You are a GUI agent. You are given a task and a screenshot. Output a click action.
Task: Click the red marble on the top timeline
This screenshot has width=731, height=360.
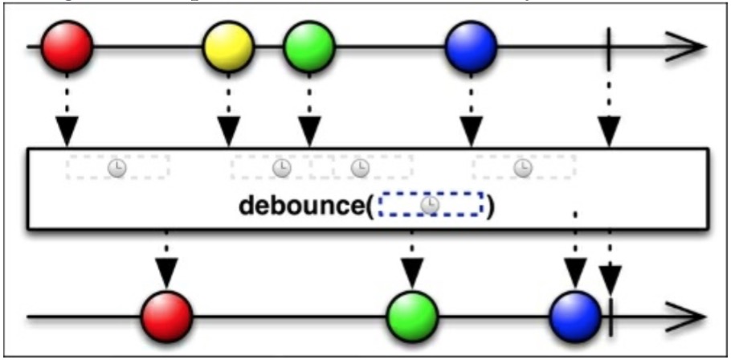click(x=67, y=47)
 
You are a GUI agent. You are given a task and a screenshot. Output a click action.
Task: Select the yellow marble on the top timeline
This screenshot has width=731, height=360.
click(x=228, y=47)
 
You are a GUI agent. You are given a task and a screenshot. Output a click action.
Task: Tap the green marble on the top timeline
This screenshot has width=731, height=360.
click(x=308, y=47)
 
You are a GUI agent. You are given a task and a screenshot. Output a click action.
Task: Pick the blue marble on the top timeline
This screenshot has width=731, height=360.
click(x=471, y=47)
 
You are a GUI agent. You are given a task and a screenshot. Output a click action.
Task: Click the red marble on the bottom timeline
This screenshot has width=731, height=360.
click(x=167, y=315)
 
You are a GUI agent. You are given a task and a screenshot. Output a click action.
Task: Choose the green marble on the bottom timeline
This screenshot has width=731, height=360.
click(x=411, y=315)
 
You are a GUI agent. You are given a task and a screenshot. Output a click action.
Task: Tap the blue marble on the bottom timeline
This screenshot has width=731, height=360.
click(x=575, y=315)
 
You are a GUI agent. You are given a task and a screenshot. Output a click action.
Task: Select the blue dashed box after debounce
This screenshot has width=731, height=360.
click(x=431, y=205)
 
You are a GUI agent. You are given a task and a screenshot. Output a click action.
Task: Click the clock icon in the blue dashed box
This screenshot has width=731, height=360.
click(x=431, y=205)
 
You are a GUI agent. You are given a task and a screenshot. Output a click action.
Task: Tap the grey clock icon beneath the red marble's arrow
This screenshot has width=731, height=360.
click(x=117, y=167)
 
